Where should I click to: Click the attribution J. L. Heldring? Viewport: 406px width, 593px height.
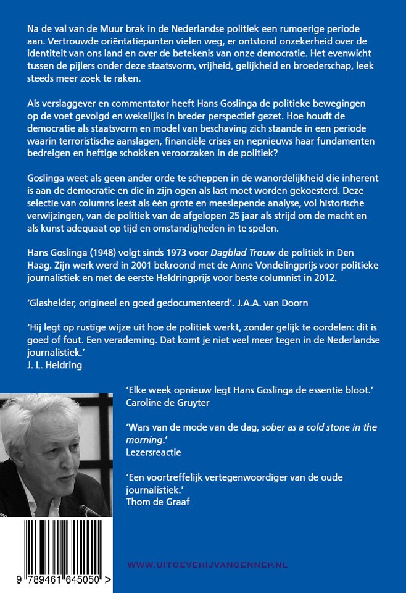[55, 364]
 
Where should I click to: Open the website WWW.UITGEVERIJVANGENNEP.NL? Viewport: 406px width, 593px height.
[207, 565]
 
